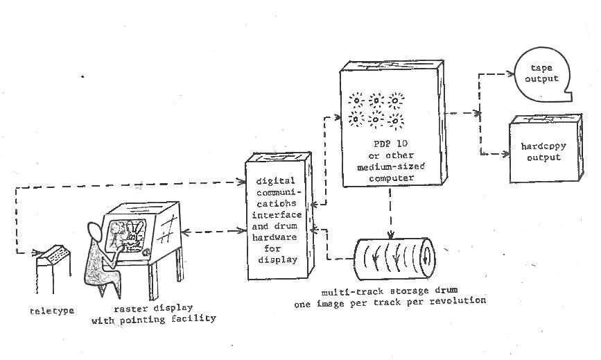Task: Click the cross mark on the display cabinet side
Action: click(166, 236)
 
